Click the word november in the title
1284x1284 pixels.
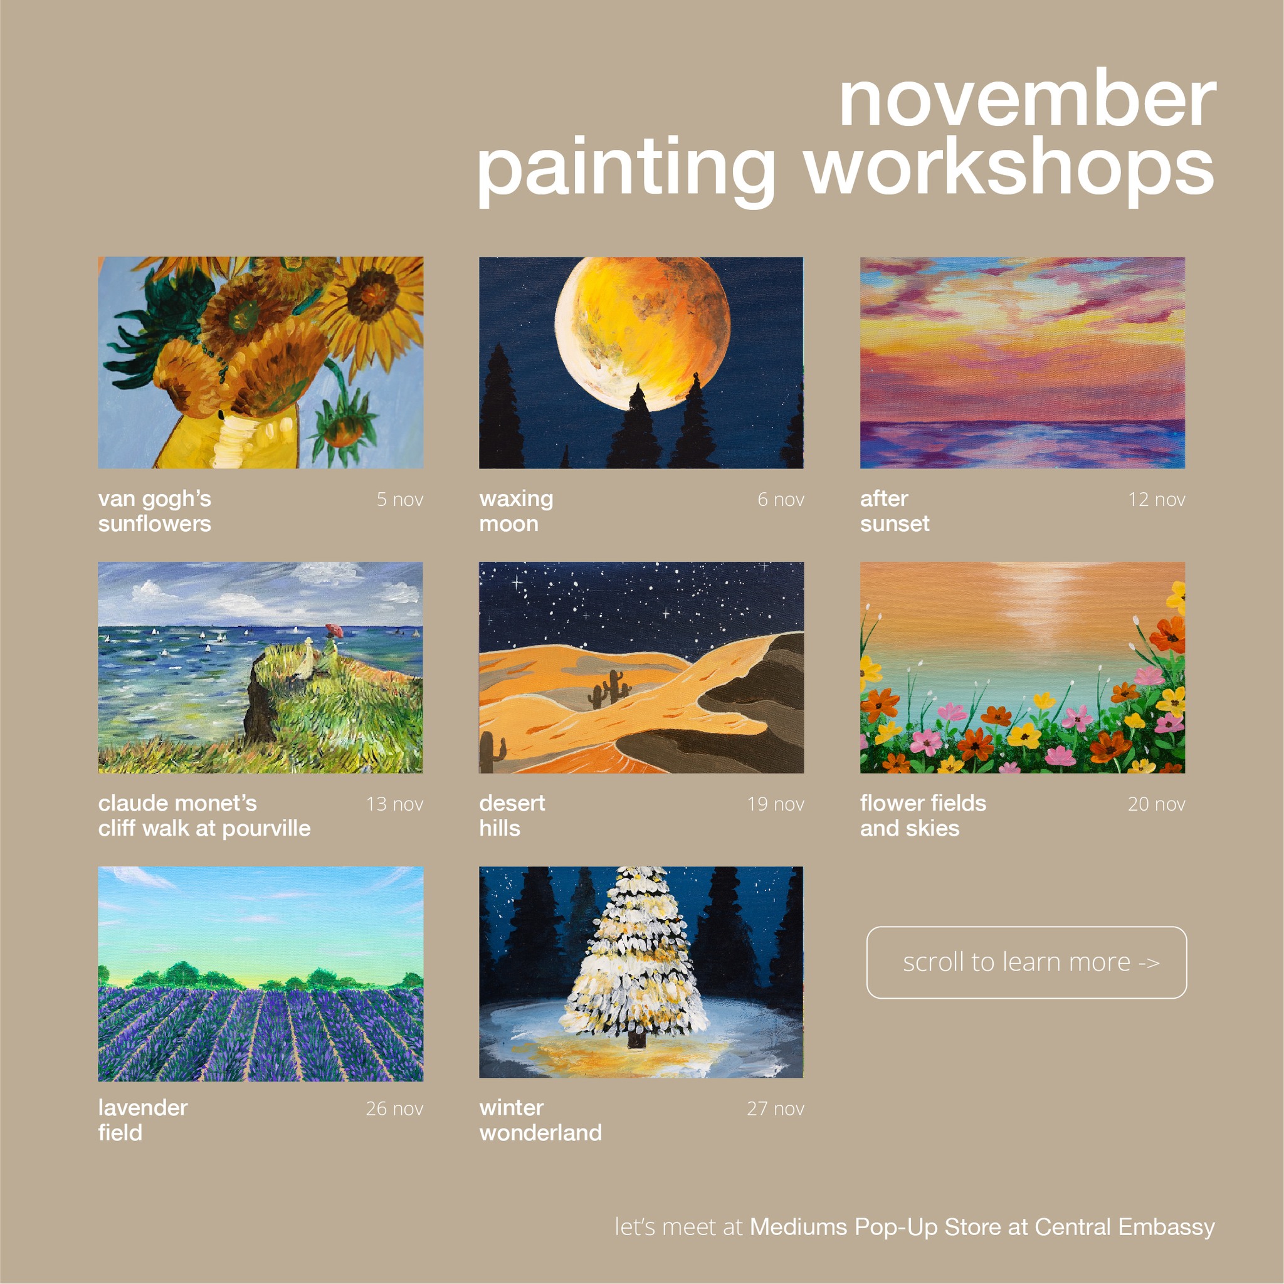click(1028, 100)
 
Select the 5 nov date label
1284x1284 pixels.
click(399, 499)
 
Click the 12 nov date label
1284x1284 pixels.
click(1156, 499)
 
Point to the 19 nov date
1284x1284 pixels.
click(776, 804)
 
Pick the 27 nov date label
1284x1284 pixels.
click(776, 1108)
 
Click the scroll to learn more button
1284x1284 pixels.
click(1027, 962)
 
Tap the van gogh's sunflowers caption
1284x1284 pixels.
click(155, 511)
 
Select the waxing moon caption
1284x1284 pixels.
click(517, 511)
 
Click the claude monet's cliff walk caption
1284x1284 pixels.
click(204, 816)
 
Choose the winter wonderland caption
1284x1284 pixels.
click(540, 1120)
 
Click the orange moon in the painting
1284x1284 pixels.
click(643, 332)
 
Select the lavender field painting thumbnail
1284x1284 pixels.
click(261, 974)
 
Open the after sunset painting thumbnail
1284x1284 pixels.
click(1023, 363)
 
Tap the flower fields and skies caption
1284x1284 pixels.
click(923, 816)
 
